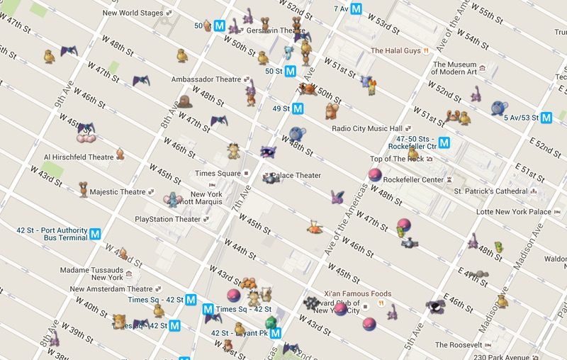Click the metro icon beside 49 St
click(x=298, y=108)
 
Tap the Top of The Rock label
click(x=396, y=159)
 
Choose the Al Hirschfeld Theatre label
click(x=79, y=157)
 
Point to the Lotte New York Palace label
click(x=514, y=212)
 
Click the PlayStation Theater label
click(x=168, y=220)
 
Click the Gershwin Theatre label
click(x=266, y=31)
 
